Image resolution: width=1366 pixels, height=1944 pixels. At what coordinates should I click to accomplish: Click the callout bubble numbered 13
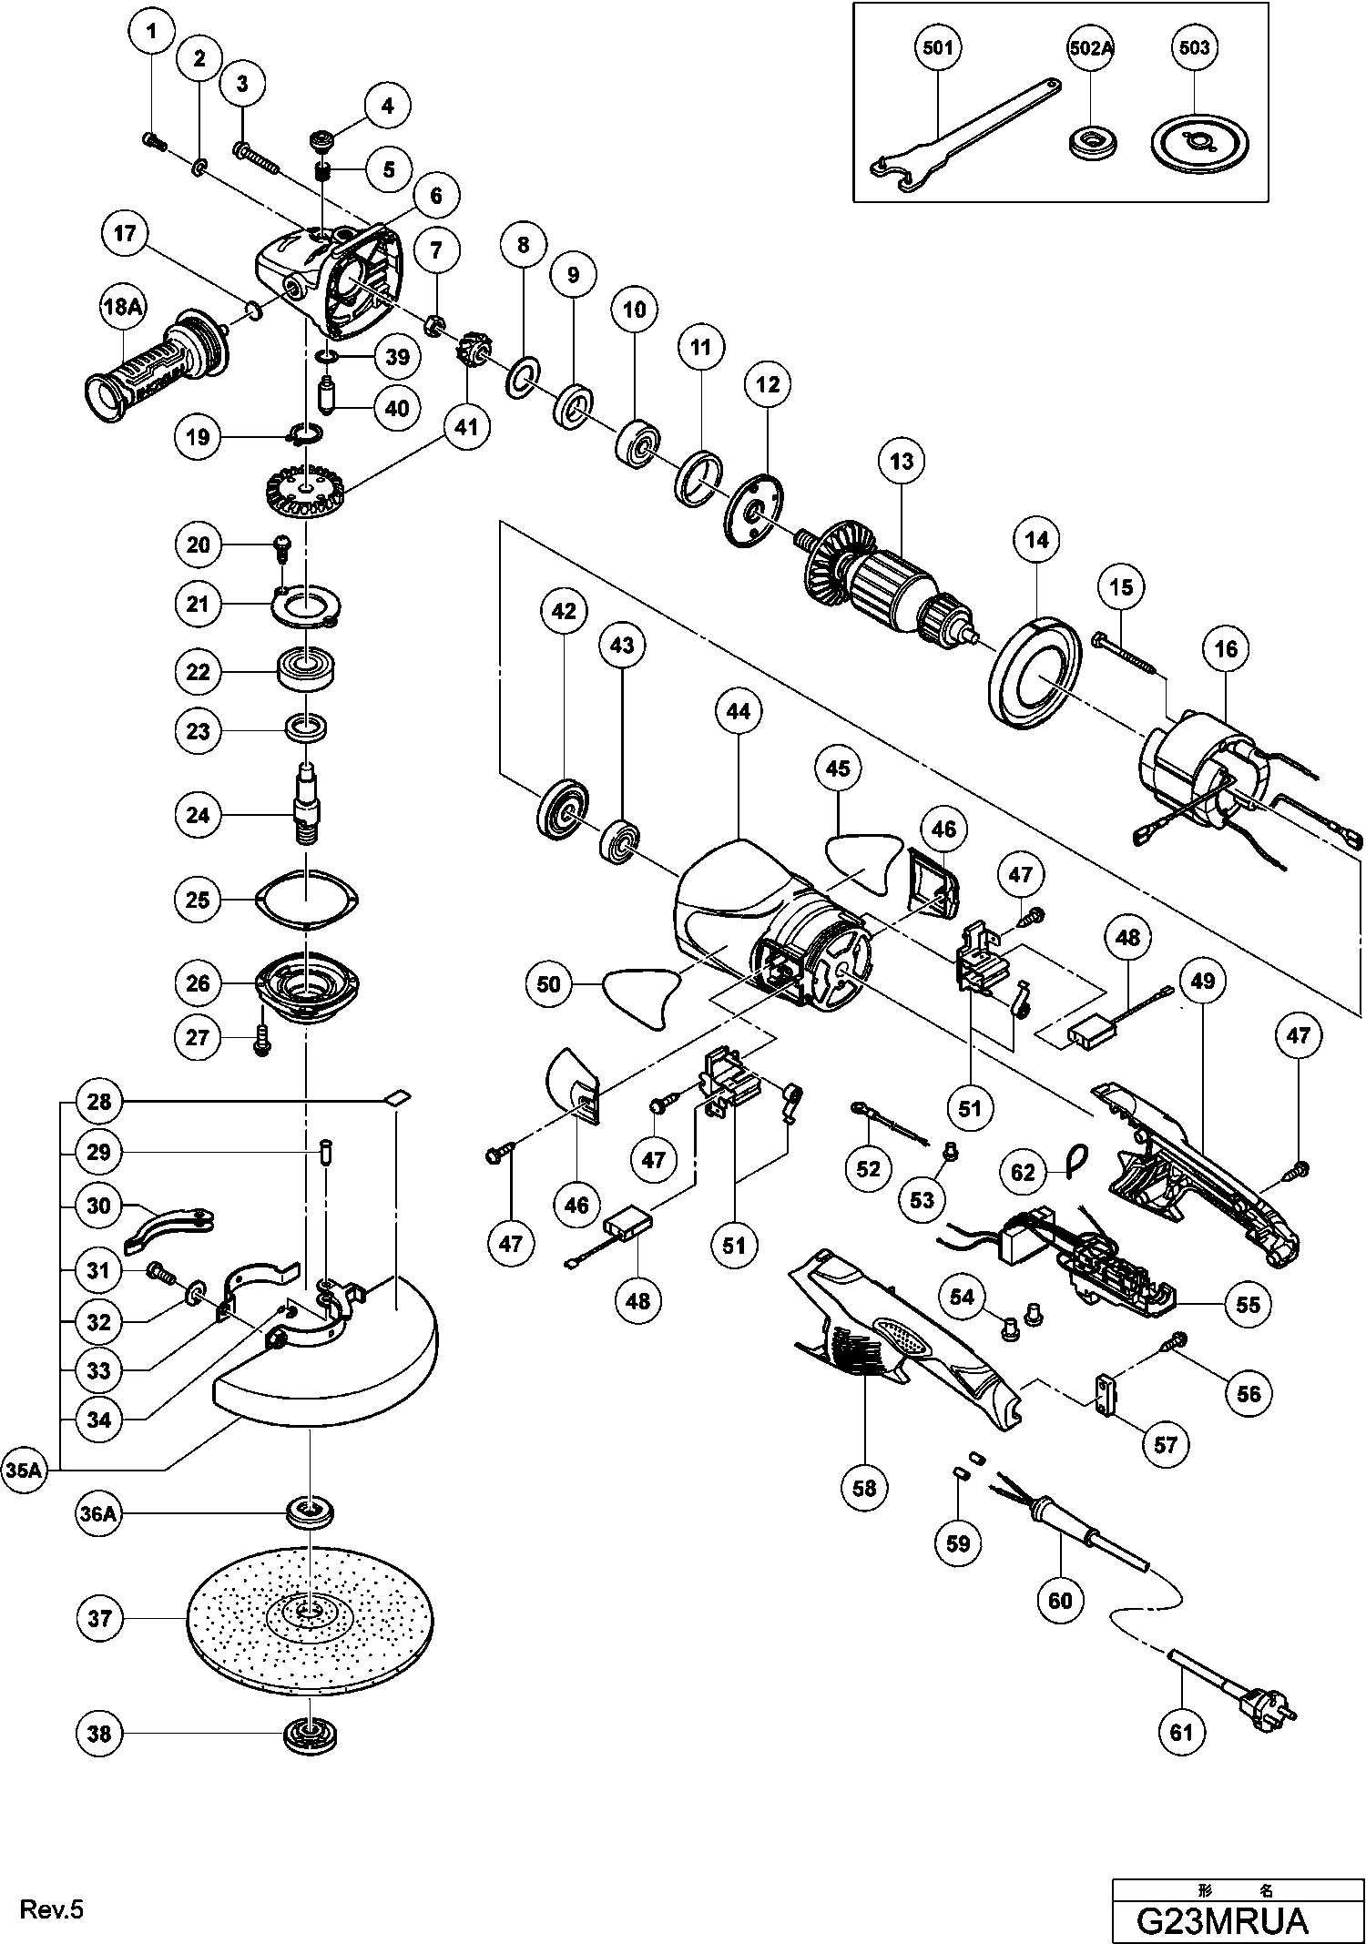click(901, 461)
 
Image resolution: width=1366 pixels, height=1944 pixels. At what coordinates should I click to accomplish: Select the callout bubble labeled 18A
click(123, 308)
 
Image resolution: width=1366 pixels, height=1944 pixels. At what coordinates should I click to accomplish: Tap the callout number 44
click(739, 710)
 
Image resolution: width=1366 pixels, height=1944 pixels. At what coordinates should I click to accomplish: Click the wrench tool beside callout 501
click(956, 137)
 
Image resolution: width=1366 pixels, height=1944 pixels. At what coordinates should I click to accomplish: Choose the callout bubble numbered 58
click(864, 1487)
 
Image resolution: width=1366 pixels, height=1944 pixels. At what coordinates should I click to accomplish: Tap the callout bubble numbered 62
click(1024, 1171)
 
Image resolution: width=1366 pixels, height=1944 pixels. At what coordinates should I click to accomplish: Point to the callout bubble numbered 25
click(198, 900)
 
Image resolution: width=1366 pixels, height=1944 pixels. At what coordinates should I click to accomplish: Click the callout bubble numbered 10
click(635, 310)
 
